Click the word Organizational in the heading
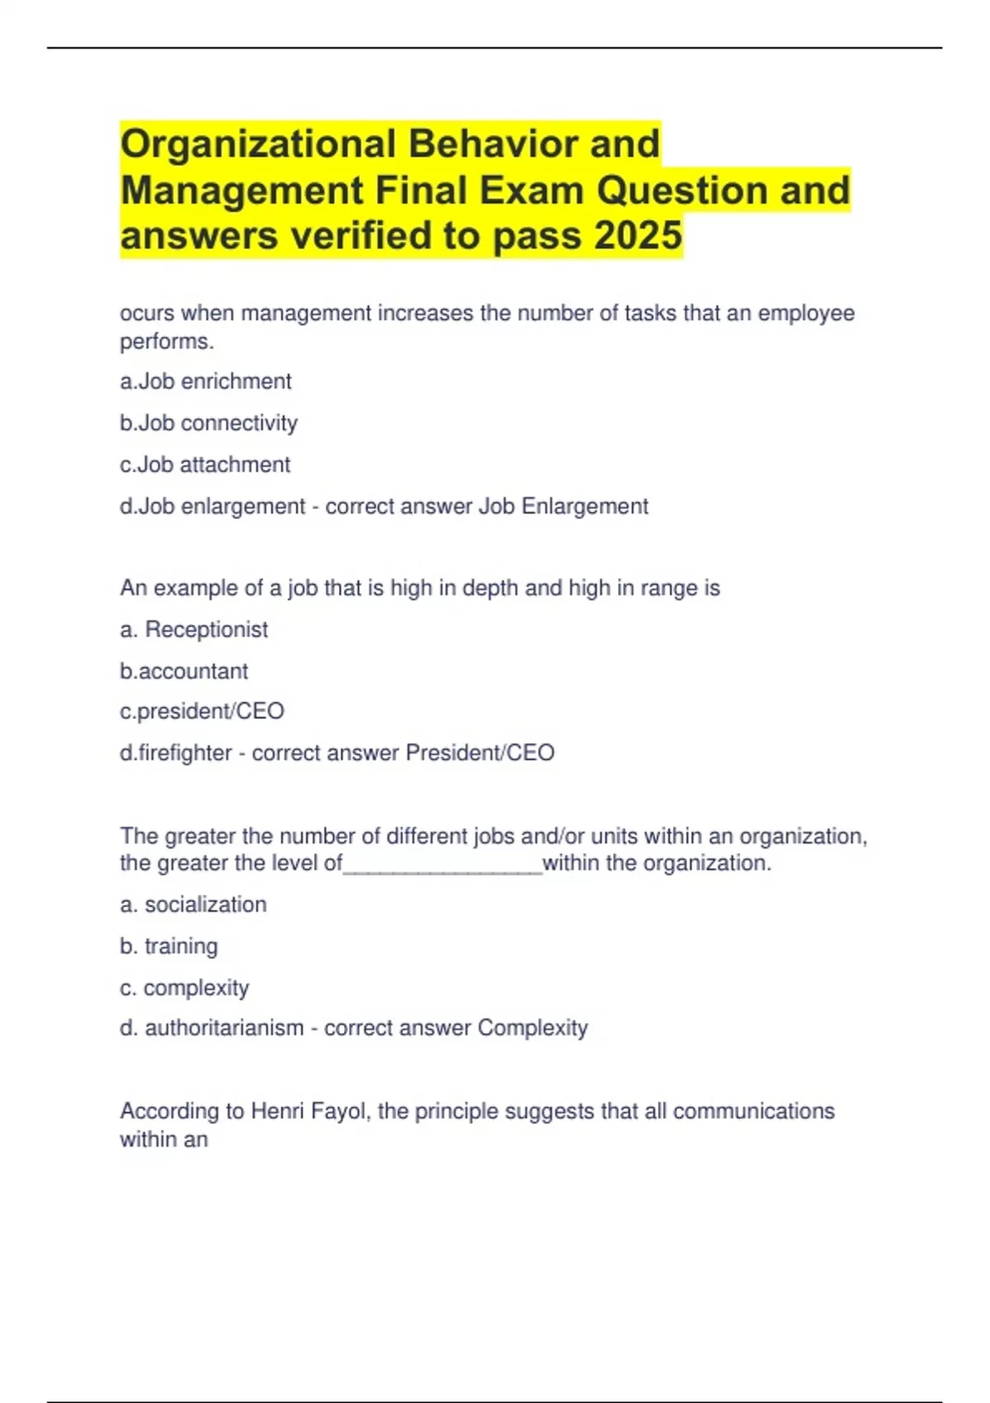258,144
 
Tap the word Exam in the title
532,191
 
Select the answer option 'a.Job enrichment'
205,381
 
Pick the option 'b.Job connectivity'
209,423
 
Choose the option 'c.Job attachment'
205,465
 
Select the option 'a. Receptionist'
194,630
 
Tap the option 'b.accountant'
184,671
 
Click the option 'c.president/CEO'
202,711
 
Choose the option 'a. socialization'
193,905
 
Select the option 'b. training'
169,946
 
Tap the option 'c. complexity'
184,988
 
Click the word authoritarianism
224,1028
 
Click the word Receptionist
206,630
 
